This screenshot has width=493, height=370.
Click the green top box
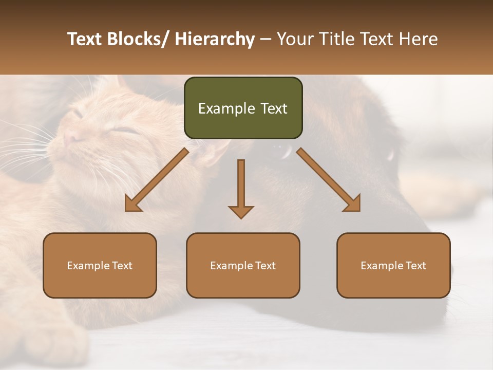243,108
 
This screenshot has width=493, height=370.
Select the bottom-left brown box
100,265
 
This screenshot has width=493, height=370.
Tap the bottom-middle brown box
243,265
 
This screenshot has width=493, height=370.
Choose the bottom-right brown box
393,265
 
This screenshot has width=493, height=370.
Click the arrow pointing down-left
156,180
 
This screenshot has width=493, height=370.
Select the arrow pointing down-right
329,180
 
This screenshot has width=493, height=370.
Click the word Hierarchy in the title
215,40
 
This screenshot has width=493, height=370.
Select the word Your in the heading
295,40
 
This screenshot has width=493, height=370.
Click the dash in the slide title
266,40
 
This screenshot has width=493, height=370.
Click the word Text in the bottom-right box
415,265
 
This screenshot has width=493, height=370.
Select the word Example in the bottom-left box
88,265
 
